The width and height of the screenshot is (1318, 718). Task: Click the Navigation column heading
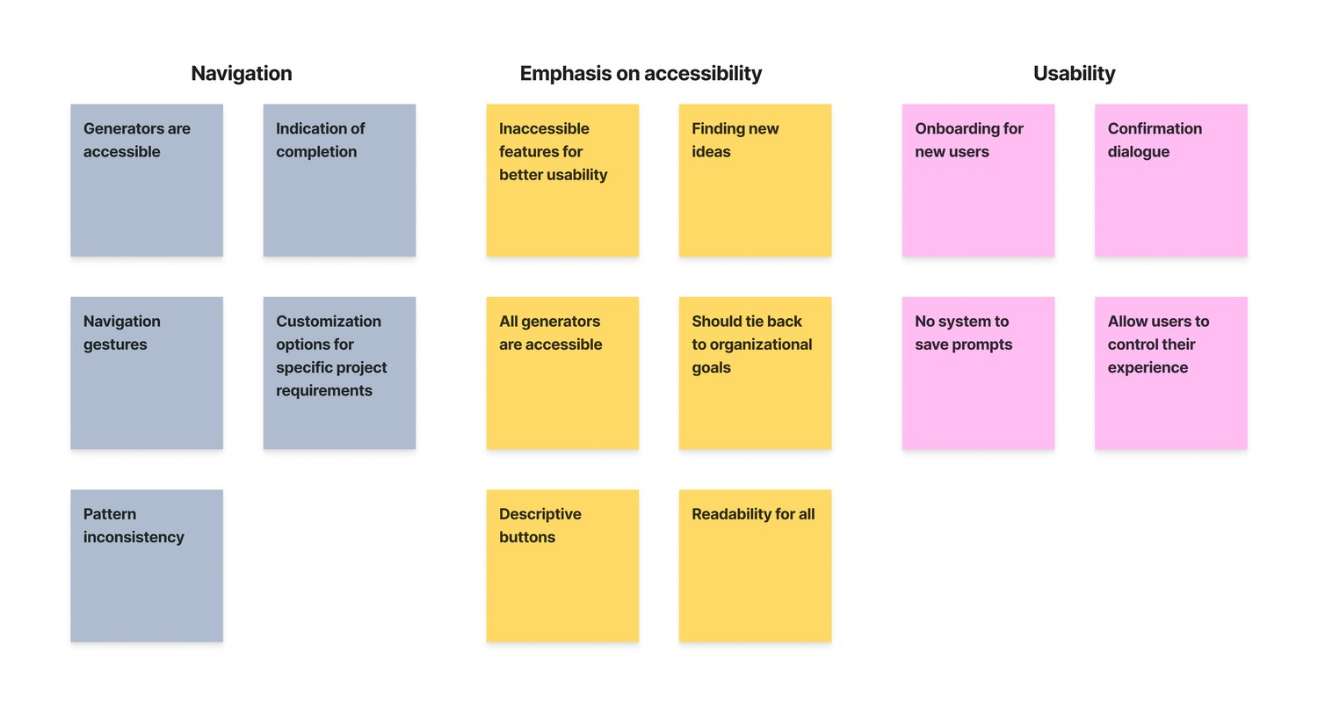(x=242, y=74)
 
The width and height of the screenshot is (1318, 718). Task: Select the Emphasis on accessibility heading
(x=641, y=74)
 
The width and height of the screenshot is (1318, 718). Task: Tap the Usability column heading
(x=1074, y=74)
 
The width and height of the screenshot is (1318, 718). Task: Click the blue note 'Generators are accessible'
(x=147, y=180)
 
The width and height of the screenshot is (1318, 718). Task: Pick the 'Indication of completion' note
(x=339, y=180)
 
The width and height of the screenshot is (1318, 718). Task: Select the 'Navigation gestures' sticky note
(x=147, y=373)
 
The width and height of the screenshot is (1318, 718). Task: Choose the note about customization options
(x=339, y=373)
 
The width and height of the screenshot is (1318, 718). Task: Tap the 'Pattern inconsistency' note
(x=147, y=565)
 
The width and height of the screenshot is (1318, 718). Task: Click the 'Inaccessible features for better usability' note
(x=562, y=180)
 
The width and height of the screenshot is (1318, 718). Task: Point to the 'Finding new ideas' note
(x=755, y=180)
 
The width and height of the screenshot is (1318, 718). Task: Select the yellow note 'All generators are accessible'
(x=562, y=373)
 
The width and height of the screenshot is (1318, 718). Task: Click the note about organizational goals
(x=755, y=373)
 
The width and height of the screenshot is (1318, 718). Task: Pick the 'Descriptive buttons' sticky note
(x=562, y=565)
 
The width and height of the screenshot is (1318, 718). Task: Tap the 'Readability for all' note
(x=755, y=565)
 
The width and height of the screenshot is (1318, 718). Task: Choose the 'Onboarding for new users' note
(x=978, y=180)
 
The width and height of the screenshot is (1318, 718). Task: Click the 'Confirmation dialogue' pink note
(x=1170, y=180)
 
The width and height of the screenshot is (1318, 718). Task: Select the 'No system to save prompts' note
(x=978, y=373)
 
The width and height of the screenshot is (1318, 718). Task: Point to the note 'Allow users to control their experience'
(x=1170, y=373)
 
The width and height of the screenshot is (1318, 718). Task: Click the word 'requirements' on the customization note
(x=324, y=391)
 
